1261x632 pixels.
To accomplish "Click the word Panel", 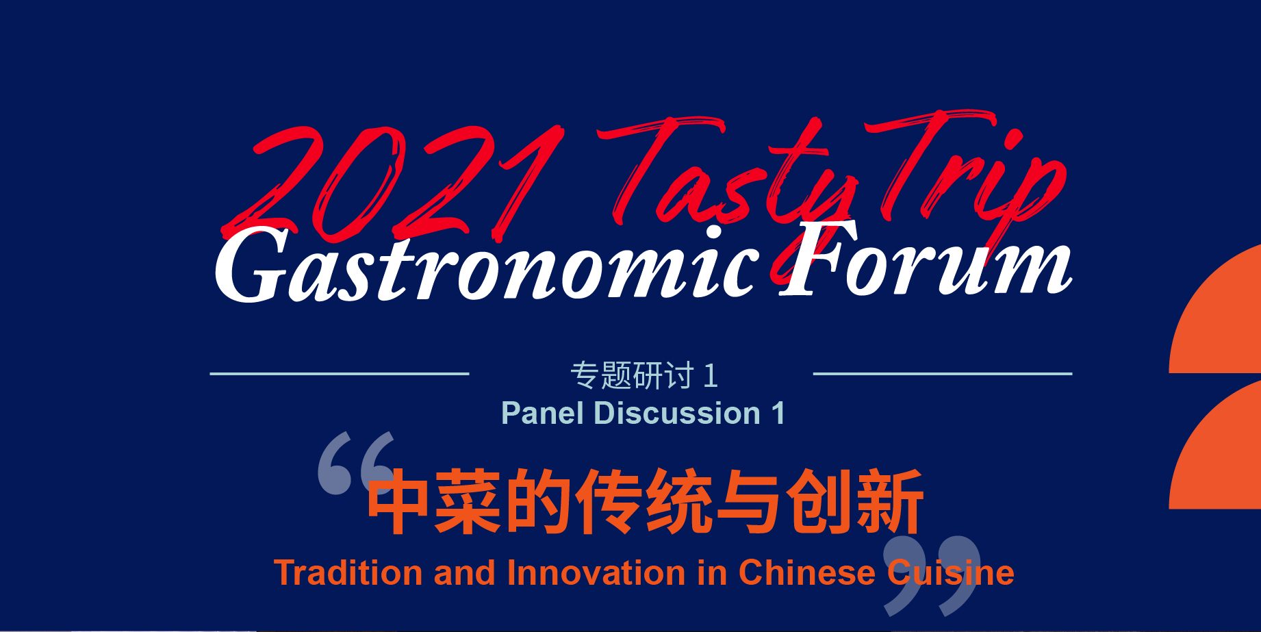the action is point(542,413).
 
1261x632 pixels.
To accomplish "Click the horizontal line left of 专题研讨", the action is point(339,374).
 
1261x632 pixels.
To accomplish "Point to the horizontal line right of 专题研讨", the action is point(942,374).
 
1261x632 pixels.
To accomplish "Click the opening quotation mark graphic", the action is point(356,463).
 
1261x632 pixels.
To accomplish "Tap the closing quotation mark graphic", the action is point(932,575).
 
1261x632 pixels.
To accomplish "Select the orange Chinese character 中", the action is point(400,502).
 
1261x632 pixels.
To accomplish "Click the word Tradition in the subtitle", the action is point(348,572).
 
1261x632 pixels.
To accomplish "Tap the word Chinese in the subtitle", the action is point(806,572).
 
